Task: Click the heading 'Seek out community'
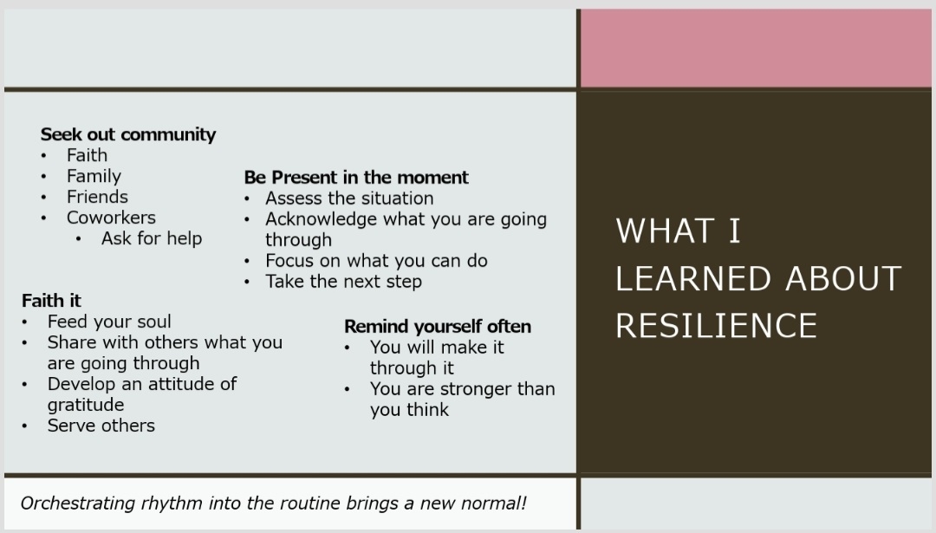[x=128, y=134]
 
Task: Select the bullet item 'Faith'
[x=88, y=155]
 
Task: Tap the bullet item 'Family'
[x=94, y=176]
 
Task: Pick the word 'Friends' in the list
[x=97, y=197]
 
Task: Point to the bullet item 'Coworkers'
[x=111, y=218]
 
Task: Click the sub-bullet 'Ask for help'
[x=152, y=238]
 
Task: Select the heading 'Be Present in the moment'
[x=356, y=178]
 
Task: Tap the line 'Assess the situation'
[x=350, y=198]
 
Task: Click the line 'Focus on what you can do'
[x=377, y=261]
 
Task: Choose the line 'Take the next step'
[x=344, y=282]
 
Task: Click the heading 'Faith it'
[x=51, y=300]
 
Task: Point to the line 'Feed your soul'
[x=109, y=322]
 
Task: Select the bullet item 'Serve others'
[x=101, y=426]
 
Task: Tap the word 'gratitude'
[x=86, y=406]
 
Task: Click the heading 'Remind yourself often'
[x=438, y=327]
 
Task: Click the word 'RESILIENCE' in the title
[x=717, y=326]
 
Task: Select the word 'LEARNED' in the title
[x=693, y=279]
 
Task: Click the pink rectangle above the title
[x=756, y=49]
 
